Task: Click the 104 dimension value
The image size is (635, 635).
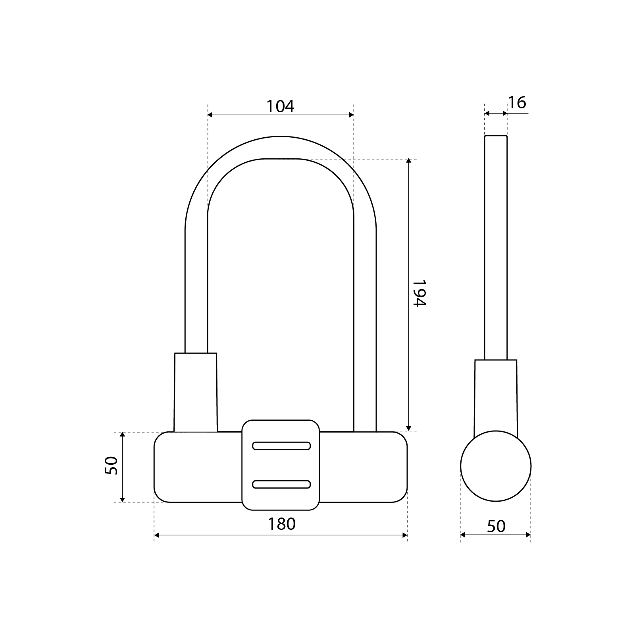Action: coord(280,106)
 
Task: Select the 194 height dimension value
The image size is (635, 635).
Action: coord(419,293)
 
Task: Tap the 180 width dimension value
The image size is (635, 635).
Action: coord(281,524)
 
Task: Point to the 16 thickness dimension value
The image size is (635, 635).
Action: coord(517,103)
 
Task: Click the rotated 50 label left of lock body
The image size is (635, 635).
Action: coord(112,466)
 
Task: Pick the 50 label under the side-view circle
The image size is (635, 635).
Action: coord(496,526)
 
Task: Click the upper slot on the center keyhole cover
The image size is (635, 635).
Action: coord(281,446)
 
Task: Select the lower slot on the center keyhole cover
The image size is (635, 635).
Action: coord(281,484)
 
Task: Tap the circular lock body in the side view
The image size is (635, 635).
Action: coord(496,466)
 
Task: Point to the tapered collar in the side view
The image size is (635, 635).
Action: coord(496,393)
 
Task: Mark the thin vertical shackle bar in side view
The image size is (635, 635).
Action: coord(496,246)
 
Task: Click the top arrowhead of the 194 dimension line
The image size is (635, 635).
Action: coord(408,161)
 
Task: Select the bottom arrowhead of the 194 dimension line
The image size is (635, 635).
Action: coord(408,429)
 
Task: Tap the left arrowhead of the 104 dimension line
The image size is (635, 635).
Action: coord(210,115)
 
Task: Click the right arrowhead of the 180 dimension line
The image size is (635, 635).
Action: coord(405,535)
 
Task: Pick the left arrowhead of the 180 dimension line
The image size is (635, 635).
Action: coord(157,535)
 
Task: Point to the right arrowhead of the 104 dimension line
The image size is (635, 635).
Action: coord(351,115)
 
